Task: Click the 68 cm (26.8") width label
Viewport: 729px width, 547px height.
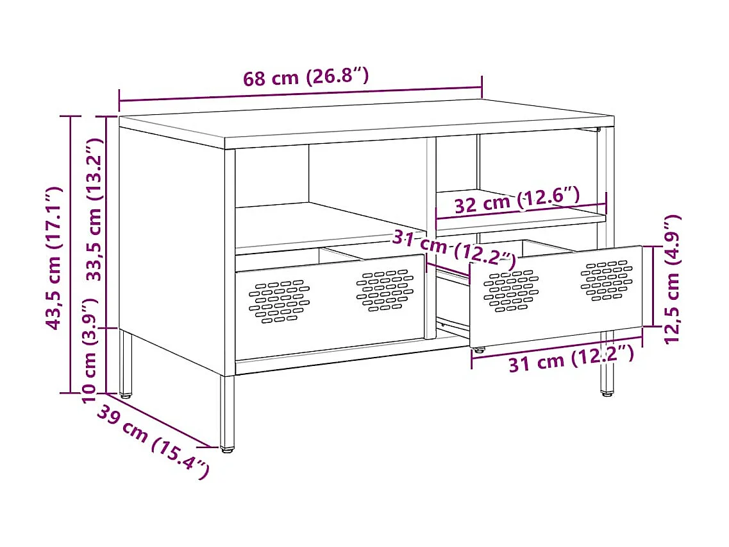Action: point(306,78)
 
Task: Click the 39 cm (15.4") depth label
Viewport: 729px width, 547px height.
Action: point(153,442)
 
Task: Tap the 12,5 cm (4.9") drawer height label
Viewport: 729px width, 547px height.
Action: point(672,279)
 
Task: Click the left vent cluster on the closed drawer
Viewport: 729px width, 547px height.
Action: point(278,300)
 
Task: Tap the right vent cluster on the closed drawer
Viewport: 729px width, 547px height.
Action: point(385,290)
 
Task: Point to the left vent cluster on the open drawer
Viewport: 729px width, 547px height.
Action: point(511,290)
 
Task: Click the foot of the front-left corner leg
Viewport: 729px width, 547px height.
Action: point(227,448)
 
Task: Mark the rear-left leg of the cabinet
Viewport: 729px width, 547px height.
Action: point(126,363)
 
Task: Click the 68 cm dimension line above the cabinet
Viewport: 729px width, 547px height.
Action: point(300,94)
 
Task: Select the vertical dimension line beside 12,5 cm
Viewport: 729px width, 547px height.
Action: point(653,286)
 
